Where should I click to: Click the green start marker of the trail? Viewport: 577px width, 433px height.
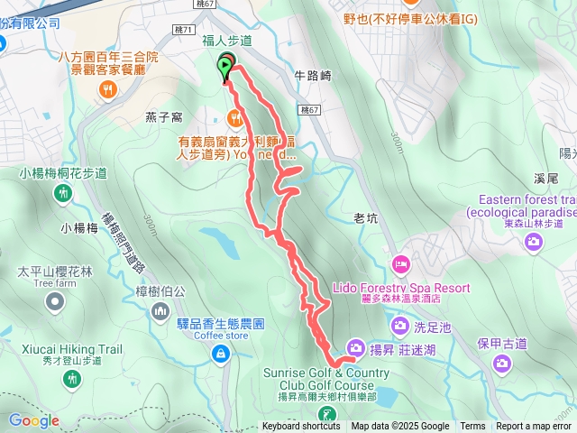tap(224, 65)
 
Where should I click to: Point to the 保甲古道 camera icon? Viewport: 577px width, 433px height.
tap(501, 363)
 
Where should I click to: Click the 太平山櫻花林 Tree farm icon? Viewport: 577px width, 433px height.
tap(56, 304)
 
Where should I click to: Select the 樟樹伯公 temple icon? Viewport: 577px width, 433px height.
tap(160, 311)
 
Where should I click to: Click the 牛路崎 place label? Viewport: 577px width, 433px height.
tap(313, 76)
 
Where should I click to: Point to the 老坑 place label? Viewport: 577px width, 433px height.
tap(365, 217)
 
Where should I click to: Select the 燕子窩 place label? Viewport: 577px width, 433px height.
tap(165, 115)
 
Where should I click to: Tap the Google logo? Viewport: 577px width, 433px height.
tap(33, 420)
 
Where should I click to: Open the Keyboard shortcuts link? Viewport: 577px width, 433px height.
tap(301, 427)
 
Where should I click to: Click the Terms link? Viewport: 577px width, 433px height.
tap(472, 427)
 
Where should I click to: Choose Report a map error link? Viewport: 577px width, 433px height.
tap(533, 427)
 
